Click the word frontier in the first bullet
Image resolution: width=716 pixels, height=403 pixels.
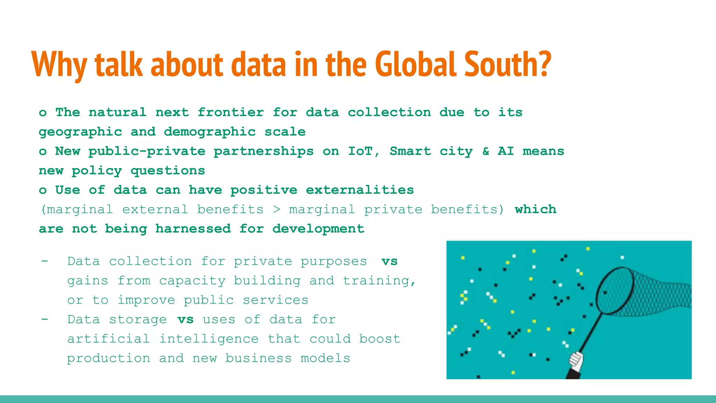pos(231,112)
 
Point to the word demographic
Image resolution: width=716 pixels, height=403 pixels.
pos(210,132)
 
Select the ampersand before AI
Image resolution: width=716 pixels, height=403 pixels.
pos(486,151)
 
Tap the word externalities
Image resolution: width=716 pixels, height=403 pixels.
pos(360,190)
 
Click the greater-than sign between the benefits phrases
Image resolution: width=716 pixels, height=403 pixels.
pos(277,209)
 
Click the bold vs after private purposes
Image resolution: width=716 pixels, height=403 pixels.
pos(389,261)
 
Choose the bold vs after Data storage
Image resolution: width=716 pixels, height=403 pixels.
pos(185,319)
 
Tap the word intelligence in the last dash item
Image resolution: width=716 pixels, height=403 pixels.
pos(209,339)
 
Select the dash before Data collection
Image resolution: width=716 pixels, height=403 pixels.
pos(44,261)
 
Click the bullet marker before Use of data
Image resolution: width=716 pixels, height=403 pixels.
pos(43,190)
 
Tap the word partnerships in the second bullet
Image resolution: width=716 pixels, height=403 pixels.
pos(264,151)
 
